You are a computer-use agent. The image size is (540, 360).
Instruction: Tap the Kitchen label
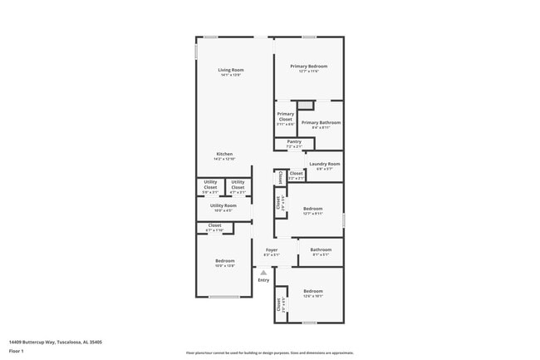tap(225, 155)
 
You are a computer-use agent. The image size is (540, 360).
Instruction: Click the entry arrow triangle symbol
tap(263, 272)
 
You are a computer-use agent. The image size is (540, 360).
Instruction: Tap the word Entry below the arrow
tap(263, 280)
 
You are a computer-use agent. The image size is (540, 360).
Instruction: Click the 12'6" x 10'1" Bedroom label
tap(312, 292)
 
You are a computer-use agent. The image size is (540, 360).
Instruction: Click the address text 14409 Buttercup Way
tap(50, 341)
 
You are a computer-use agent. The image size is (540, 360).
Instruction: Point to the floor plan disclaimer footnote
tap(269, 353)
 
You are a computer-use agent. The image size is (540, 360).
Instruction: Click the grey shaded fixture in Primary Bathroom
tap(306, 105)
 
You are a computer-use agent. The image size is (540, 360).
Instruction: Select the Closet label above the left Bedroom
tap(214, 226)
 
